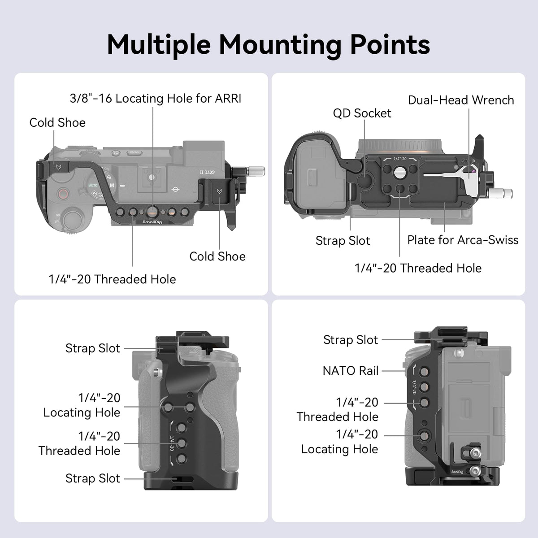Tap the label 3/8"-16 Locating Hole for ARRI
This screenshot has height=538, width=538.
(x=156, y=98)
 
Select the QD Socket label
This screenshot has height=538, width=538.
(x=362, y=113)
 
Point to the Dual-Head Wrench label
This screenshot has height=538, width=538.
(x=461, y=100)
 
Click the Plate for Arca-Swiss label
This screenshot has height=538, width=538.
(x=463, y=240)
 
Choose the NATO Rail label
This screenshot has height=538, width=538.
(x=351, y=371)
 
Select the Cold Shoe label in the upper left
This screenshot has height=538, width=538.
(x=57, y=122)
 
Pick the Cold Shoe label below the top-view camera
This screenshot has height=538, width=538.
(x=217, y=256)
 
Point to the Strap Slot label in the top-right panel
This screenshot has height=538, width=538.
(x=343, y=241)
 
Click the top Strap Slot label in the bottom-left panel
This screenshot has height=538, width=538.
(x=93, y=348)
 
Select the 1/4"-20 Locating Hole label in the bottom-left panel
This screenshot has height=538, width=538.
(x=82, y=405)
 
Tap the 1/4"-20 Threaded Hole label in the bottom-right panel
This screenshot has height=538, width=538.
(x=338, y=409)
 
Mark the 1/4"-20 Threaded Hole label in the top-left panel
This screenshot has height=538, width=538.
(x=112, y=279)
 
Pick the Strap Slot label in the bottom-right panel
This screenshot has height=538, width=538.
(x=351, y=340)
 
